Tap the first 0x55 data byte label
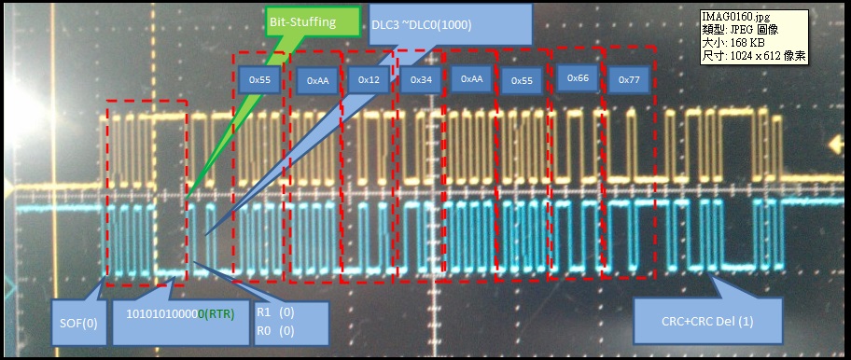[x=259, y=80]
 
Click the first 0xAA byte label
[x=317, y=81]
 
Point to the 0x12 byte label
[x=369, y=80]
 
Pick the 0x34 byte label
[x=420, y=80]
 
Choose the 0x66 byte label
[x=578, y=77]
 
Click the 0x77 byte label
[x=629, y=80]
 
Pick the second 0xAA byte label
[x=471, y=79]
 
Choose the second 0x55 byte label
[x=522, y=81]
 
